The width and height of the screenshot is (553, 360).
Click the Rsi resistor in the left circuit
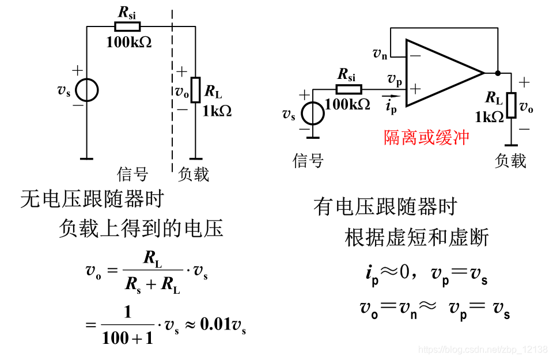[127, 26]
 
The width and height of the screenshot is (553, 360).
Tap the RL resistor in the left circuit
[195, 90]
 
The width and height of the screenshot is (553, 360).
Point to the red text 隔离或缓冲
[427, 138]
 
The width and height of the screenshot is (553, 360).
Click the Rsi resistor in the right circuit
[349, 89]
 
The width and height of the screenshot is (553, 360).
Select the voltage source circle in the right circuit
[313, 113]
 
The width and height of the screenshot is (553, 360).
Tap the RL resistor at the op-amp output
[511, 104]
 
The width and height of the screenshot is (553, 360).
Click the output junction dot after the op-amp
[498, 73]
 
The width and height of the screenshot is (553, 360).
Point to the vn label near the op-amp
[380, 54]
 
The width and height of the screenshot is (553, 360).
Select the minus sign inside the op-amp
[415, 56]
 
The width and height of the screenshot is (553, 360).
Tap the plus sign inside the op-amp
[415, 89]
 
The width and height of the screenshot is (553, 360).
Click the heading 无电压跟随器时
[92, 199]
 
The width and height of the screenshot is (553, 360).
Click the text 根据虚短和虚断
[416, 237]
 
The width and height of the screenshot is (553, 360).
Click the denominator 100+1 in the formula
[128, 338]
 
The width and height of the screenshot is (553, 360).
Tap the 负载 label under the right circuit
[510, 160]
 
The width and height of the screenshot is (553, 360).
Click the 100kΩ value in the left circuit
[129, 41]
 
